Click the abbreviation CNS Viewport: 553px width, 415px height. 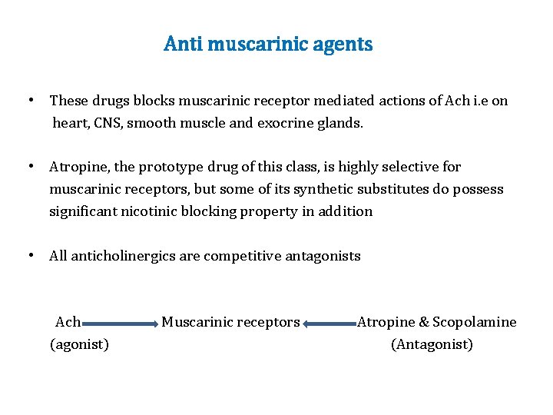point(108,122)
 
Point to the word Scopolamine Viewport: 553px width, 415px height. point(475,322)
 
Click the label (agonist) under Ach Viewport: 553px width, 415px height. point(79,344)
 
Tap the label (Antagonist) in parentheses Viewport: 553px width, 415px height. point(432,344)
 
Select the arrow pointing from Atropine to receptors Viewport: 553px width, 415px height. point(330,324)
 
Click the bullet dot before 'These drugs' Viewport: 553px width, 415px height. point(29,101)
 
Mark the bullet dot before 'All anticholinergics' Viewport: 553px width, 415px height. point(29,256)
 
